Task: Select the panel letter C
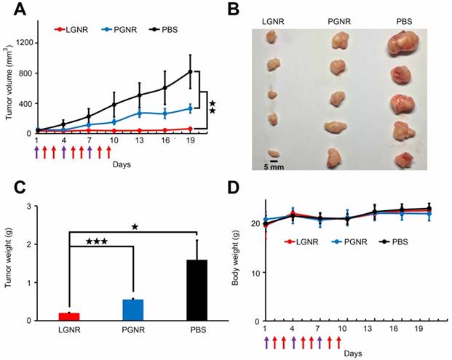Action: [17, 186]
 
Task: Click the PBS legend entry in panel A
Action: [165, 30]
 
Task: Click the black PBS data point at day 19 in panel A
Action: [191, 72]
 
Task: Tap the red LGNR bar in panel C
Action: [69, 316]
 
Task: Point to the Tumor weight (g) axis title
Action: [9, 263]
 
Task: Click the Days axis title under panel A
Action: [122, 164]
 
